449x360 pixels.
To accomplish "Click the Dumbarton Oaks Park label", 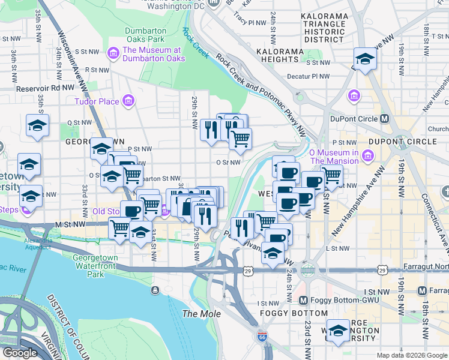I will click(x=149, y=36).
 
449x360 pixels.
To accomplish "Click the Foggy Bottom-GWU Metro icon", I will click(x=303, y=300).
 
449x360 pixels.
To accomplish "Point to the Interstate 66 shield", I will click(x=262, y=337).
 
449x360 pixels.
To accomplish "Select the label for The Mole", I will click(x=202, y=314).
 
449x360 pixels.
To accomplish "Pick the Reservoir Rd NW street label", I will click(x=37, y=88).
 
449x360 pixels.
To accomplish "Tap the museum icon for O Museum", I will click(x=369, y=157).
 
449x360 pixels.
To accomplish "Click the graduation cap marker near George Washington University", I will click(x=338, y=331).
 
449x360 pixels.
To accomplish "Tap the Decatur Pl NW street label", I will click(x=309, y=76).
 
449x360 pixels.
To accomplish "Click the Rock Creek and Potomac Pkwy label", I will click(x=261, y=84).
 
